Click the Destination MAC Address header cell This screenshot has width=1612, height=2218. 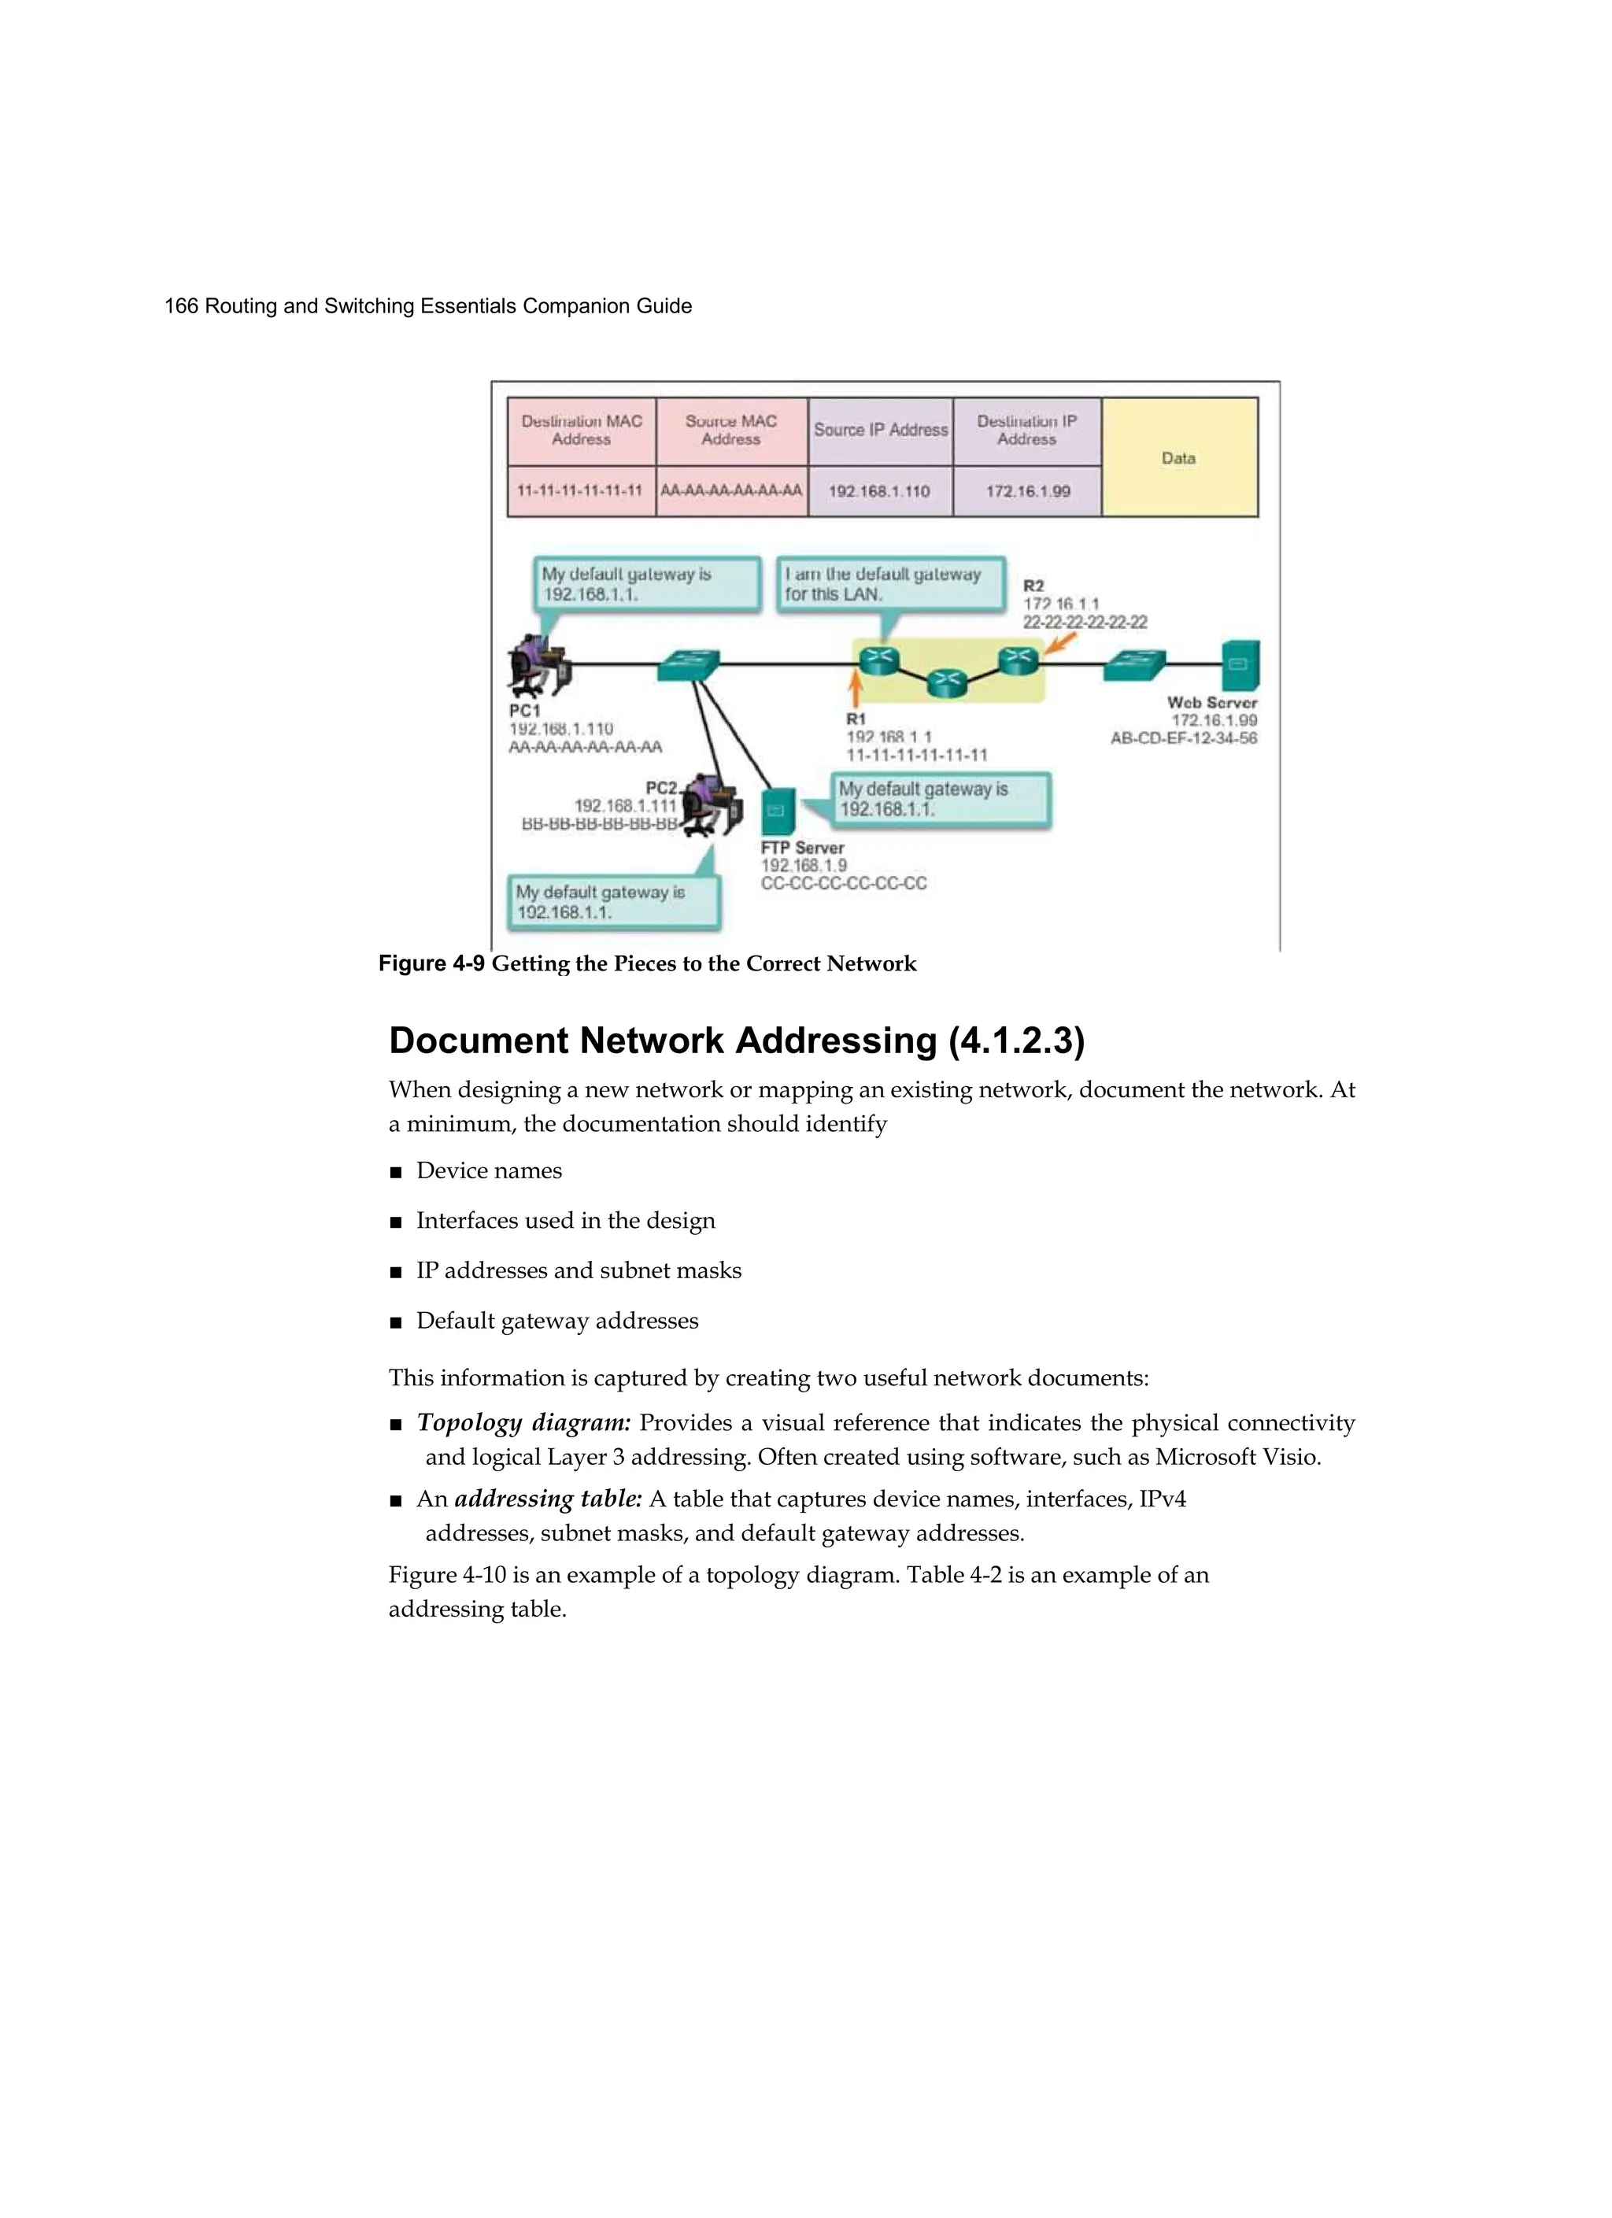click(581, 431)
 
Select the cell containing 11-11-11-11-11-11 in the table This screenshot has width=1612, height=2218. click(580, 491)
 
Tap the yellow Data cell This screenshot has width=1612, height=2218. click(1178, 457)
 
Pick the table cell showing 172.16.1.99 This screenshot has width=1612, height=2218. click(1027, 491)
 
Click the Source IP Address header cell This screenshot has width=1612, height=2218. click(880, 431)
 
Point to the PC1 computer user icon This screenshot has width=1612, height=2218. click(537, 665)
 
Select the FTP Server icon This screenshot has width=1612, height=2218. click(778, 810)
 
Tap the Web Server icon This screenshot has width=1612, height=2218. click(1240, 665)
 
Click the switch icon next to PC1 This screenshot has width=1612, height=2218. click(689, 665)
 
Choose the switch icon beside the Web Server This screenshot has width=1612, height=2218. click(1135, 665)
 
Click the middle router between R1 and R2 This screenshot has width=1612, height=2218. click(945, 682)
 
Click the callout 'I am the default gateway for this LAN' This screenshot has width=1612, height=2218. click(890, 585)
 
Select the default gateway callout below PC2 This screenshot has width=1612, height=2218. click(613, 902)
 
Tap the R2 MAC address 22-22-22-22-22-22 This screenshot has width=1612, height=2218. click(1085, 622)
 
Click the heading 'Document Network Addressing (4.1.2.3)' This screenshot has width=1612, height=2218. click(737, 1041)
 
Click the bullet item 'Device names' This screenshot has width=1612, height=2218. click(488, 1170)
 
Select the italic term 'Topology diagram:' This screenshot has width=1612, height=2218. click(523, 1423)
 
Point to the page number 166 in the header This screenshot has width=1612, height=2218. click(181, 306)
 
